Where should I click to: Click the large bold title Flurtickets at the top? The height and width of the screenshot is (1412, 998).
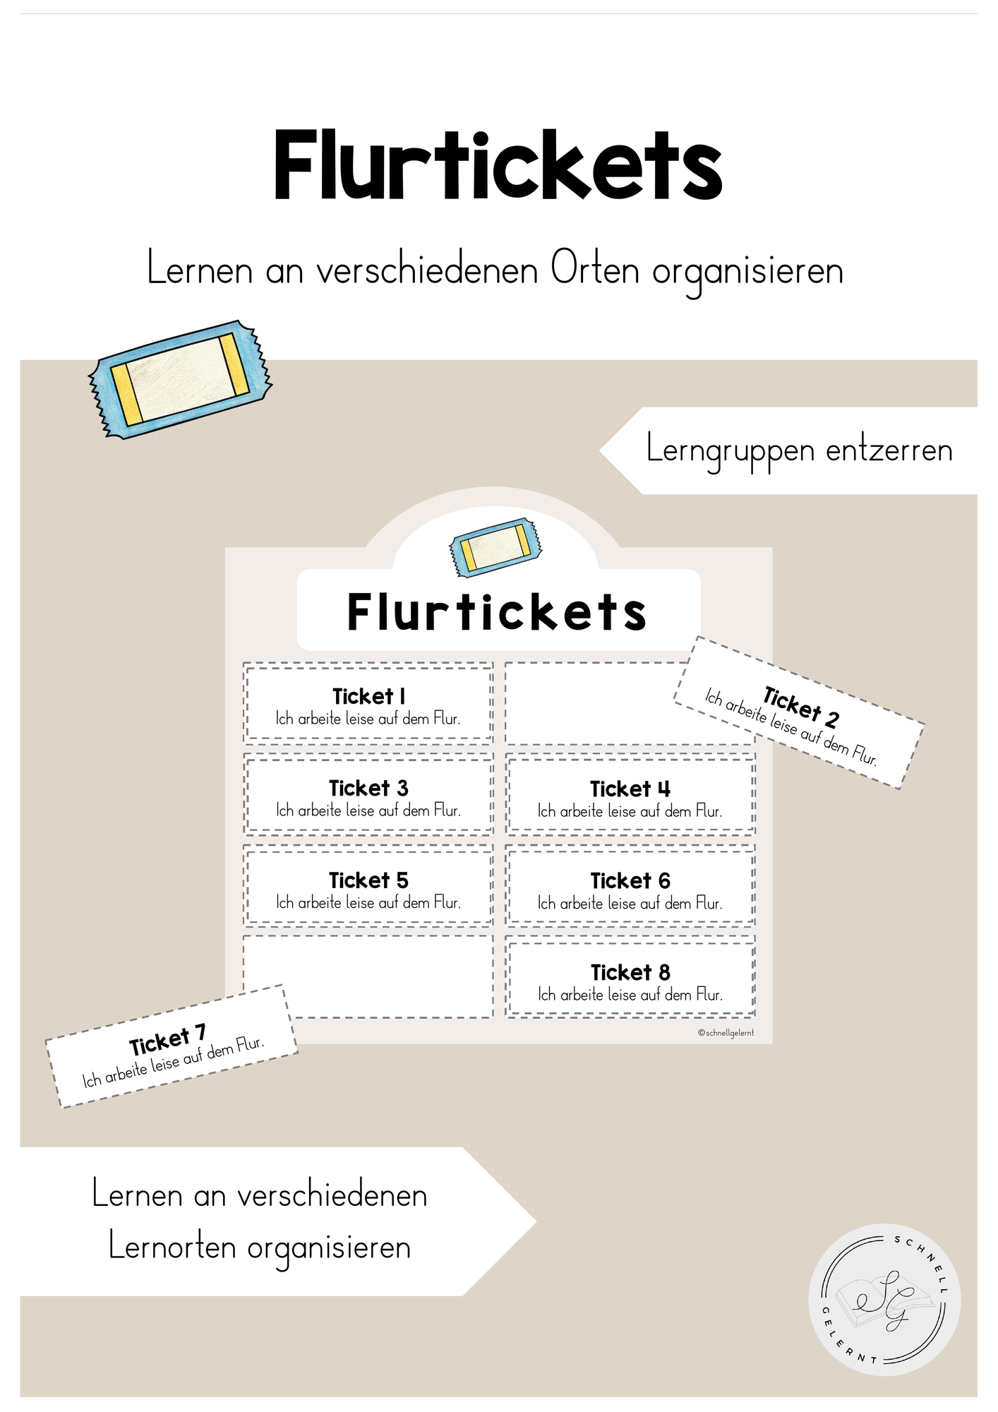[x=498, y=166]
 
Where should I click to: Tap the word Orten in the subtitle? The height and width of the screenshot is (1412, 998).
[x=595, y=270]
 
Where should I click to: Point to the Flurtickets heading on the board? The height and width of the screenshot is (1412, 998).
[x=497, y=611]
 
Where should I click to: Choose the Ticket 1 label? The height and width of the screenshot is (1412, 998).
[x=368, y=696]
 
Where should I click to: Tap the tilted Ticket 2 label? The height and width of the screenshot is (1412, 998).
[x=800, y=707]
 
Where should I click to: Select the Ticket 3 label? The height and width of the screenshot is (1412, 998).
[x=368, y=788]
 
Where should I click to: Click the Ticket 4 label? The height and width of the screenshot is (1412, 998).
[x=630, y=789]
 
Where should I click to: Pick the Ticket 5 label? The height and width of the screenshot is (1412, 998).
[x=368, y=880]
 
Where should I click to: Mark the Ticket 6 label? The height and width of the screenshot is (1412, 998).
[x=630, y=880]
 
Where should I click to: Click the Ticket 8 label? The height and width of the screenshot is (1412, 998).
[x=630, y=972]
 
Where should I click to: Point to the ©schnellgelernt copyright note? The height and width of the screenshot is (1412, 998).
[x=726, y=1032]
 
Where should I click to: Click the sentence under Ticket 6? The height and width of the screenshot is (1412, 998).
[x=630, y=903]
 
